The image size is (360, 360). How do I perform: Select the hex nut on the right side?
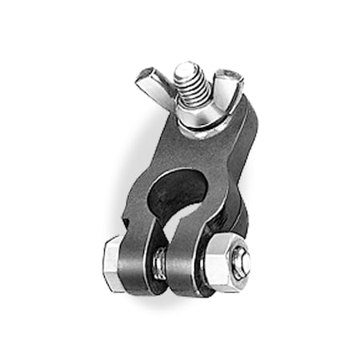click(225, 263)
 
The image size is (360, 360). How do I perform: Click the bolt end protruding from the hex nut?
click(242, 261)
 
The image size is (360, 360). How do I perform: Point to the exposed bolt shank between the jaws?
click(162, 262)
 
